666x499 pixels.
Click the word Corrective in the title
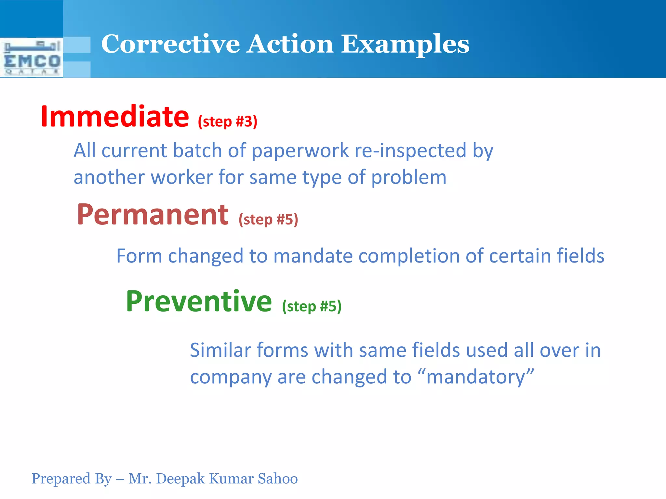[x=170, y=44]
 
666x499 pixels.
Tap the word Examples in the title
[x=405, y=44]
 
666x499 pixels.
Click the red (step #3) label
[x=227, y=122]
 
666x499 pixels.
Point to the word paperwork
[x=300, y=151]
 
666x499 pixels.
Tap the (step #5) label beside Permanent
[x=268, y=220]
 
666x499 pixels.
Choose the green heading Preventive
[x=199, y=301]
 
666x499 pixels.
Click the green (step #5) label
[x=312, y=306]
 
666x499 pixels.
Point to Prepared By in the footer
[x=71, y=479]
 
